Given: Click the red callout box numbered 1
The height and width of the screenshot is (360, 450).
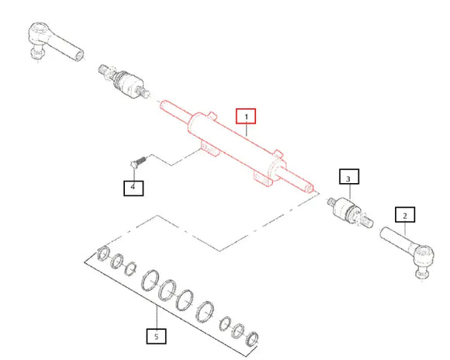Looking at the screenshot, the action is click(246, 116).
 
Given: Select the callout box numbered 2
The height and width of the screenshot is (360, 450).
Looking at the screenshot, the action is click(405, 214).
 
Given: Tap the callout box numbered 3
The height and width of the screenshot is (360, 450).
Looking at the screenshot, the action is click(349, 177).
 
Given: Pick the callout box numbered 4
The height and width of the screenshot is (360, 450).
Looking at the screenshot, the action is click(133, 188).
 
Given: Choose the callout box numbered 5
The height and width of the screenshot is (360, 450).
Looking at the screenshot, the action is click(157, 336).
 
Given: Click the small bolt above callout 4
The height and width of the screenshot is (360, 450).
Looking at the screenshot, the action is click(138, 161).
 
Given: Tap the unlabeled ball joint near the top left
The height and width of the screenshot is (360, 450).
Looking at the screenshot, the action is click(124, 81).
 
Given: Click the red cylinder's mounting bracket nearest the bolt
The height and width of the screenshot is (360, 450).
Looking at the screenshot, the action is click(210, 148).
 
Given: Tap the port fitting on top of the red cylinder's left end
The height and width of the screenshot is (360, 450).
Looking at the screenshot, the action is click(212, 115).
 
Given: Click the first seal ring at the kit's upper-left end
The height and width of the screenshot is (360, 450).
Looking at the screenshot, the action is click(103, 253).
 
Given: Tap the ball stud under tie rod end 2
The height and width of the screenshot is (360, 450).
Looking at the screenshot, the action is click(422, 273).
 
